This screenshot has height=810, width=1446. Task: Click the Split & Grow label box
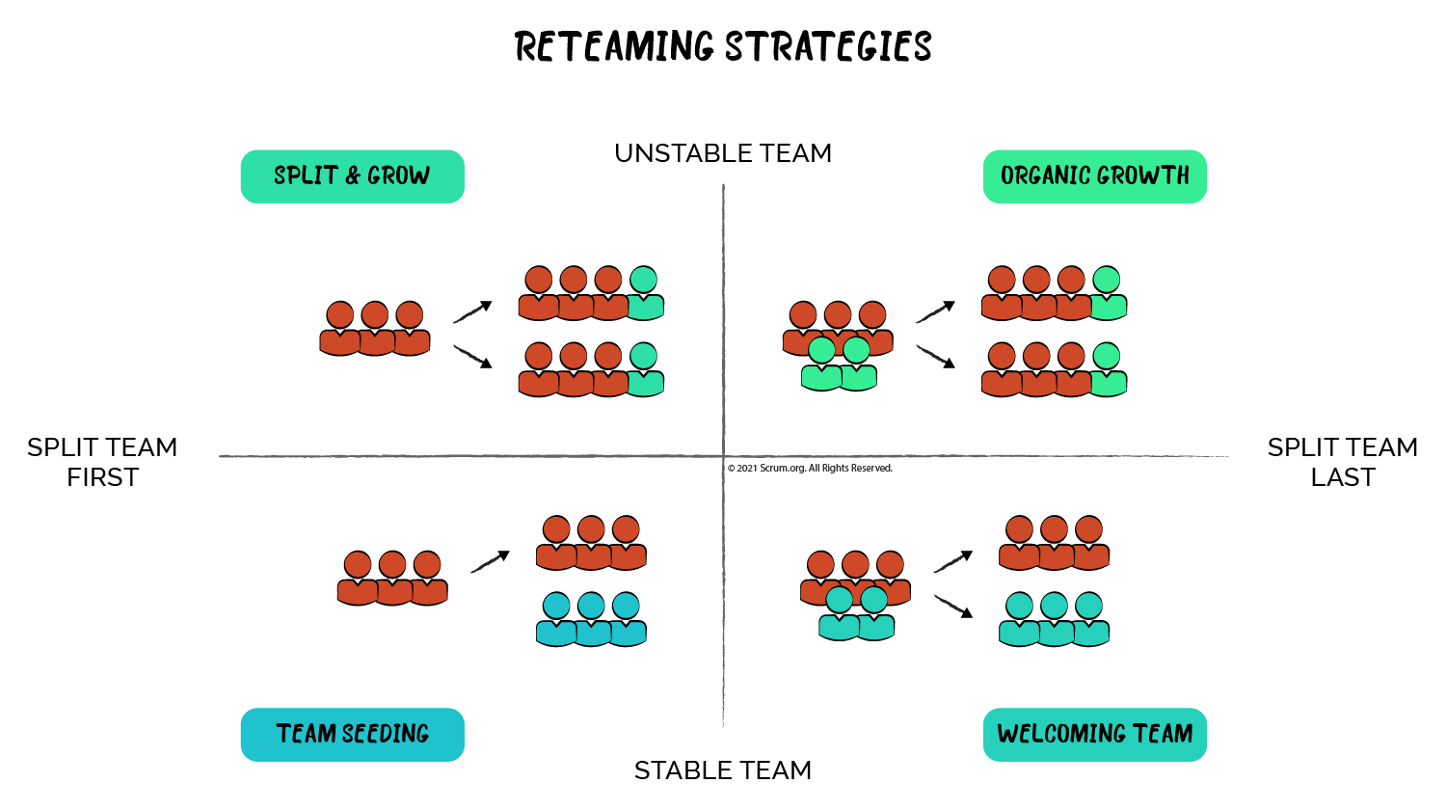(x=352, y=176)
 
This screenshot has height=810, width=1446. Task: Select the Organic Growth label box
(x=1094, y=176)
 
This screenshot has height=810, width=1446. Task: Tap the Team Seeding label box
(x=352, y=734)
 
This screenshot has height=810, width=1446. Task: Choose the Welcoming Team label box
(x=1094, y=734)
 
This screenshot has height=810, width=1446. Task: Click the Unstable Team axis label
(x=723, y=153)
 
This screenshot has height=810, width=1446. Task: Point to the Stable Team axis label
(x=723, y=770)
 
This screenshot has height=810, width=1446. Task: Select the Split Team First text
(x=102, y=462)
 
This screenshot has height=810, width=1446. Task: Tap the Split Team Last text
(x=1342, y=462)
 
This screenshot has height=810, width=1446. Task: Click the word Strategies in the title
(x=828, y=47)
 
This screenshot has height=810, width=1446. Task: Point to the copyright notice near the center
(x=810, y=469)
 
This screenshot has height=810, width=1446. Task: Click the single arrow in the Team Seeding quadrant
(x=490, y=562)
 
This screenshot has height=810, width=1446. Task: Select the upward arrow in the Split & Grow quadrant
(x=472, y=311)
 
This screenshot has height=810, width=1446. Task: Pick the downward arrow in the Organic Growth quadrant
(x=935, y=357)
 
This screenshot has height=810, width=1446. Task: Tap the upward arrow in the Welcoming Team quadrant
(x=952, y=562)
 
